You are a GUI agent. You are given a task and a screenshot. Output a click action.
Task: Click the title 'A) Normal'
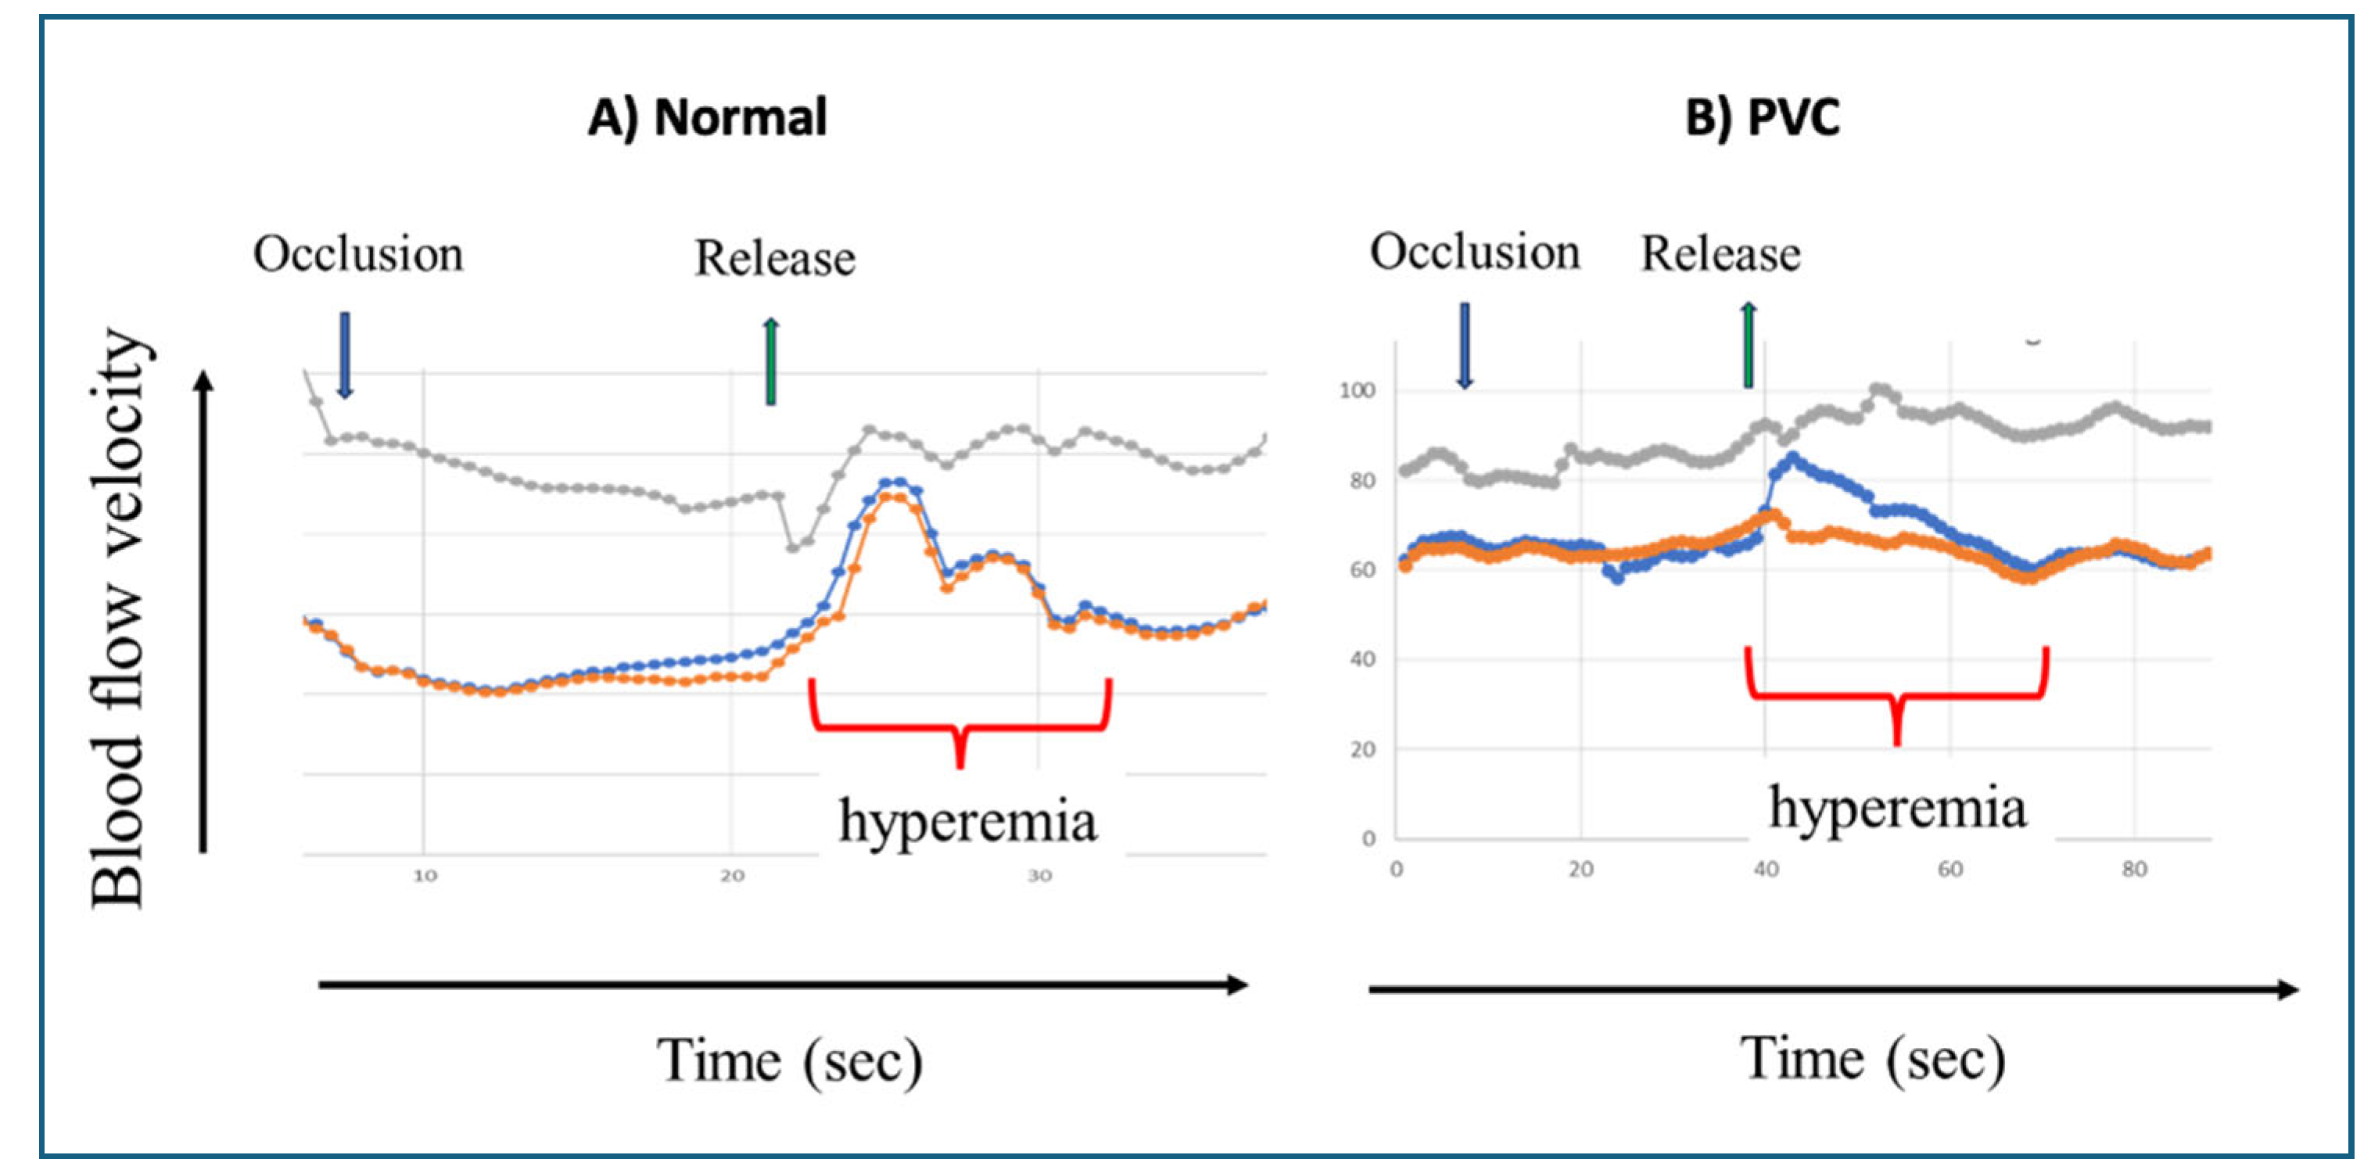click(707, 119)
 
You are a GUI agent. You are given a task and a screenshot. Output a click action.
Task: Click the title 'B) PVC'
click(1762, 119)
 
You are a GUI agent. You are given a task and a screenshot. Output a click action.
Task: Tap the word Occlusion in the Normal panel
click(358, 254)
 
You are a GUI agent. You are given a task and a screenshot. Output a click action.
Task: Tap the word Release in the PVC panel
click(1720, 254)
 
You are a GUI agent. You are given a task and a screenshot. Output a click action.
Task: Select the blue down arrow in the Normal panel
click(345, 354)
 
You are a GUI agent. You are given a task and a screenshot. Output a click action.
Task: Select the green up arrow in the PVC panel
click(1748, 346)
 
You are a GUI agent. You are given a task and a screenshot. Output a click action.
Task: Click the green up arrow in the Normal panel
click(771, 361)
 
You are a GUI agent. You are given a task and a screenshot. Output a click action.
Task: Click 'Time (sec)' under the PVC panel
click(1872, 1059)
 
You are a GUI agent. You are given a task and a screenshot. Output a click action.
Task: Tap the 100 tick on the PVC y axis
click(1357, 390)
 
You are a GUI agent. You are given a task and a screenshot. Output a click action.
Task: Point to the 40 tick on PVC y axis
click(1362, 659)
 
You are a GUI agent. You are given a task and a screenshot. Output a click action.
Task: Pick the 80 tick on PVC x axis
click(2133, 869)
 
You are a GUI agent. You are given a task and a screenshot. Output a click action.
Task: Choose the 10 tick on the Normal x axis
click(425, 876)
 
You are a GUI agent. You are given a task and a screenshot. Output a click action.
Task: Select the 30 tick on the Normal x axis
click(1039, 876)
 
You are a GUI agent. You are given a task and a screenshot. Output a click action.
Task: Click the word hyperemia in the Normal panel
click(967, 820)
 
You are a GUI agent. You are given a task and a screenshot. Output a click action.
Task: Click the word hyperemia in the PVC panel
click(1897, 809)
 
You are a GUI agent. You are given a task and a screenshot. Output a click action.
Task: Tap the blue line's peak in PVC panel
click(1791, 457)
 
